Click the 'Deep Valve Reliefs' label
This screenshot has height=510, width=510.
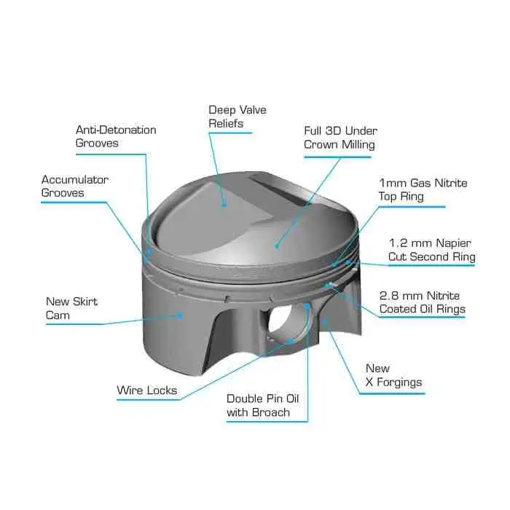[x=238, y=117]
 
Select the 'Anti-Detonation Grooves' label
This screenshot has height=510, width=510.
[x=116, y=136]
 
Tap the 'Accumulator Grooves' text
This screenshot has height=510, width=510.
[x=75, y=186]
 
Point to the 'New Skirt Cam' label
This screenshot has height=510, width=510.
[x=71, y=308]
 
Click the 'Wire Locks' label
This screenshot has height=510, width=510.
[x=147, y=390]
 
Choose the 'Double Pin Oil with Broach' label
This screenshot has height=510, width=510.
[x=263, y=405]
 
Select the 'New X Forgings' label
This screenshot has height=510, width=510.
[x=393, y=375]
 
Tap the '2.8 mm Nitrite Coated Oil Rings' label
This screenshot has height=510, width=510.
[x=422, y=302]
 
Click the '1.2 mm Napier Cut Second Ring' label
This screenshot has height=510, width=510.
[x=432, y=250]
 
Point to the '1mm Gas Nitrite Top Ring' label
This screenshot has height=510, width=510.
[x=423, y=189]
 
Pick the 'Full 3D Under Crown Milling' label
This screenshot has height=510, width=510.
[x=340, y=138]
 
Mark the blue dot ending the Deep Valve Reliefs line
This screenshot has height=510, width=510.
[x=224, y=204]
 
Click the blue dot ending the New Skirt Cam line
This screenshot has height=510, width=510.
[x=179, y=315]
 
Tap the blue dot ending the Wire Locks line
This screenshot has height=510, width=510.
[x=291, y=341]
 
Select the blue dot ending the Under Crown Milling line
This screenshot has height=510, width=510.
[x=276, y=246]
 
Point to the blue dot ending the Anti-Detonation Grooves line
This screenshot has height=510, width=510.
[x=149, y=251]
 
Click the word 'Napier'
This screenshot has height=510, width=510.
[x=453, y=243]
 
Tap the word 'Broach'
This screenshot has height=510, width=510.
[x=271, y=412]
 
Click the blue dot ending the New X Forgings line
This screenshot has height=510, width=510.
[x=324, y=321]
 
